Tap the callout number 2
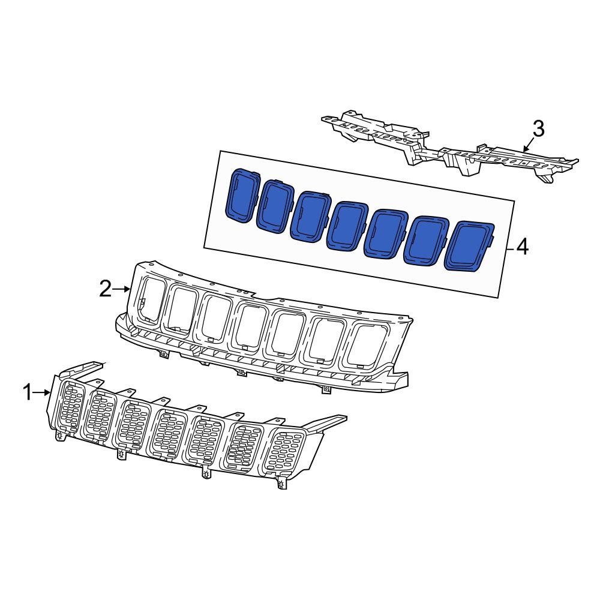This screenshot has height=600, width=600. pos(105,290)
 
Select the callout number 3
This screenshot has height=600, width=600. pos(538,128)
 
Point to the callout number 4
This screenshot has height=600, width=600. pos(523,247)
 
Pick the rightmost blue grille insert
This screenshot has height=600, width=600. pos(472,247)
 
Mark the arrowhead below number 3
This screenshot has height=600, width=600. pos(525,148)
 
